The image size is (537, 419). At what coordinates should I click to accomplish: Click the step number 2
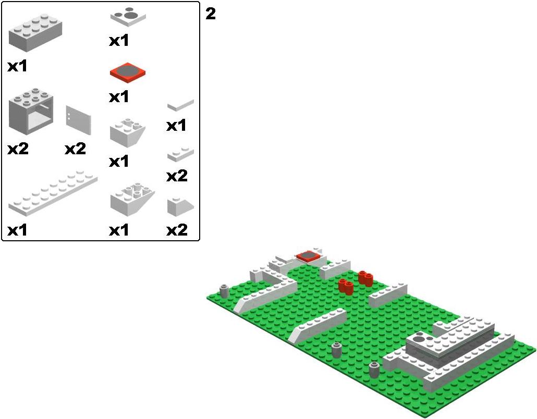pos(211,14)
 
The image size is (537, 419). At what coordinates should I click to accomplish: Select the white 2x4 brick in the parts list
pos(35,33)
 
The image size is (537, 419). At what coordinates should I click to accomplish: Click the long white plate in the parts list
pos(53,193)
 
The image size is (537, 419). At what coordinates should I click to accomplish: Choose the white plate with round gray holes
pos(128,17)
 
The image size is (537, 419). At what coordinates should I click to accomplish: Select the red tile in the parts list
pos(128,73)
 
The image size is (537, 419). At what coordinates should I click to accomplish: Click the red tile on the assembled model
pos(308,256)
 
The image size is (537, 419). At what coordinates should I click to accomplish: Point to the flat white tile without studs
pos(180,104)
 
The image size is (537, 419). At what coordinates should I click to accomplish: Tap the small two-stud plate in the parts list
pos(180,154)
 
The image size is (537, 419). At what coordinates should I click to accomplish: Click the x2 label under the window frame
pos(18,149)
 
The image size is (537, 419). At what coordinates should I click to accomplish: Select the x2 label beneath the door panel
pos(75,149)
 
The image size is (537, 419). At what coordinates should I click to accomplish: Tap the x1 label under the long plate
pos(18,230)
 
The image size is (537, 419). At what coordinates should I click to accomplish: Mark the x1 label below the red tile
pos(119,97)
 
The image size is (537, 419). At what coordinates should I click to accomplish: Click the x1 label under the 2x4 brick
pos(18,66)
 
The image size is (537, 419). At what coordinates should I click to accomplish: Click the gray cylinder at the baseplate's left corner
pos(224,291)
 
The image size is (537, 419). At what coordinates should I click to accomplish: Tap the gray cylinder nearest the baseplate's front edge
pos(374,369)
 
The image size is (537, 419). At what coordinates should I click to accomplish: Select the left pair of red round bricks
pos(346,286)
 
